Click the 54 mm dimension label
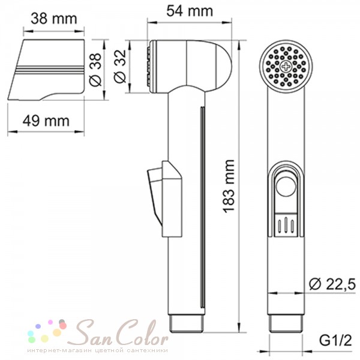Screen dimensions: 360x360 190,11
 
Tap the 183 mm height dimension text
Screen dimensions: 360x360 229,186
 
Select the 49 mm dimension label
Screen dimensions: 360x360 46,121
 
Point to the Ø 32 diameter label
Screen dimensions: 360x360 120,67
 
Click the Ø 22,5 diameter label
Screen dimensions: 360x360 332,284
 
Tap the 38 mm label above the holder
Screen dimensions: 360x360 54,19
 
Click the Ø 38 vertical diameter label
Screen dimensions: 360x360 95,70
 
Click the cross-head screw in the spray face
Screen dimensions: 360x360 286,67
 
